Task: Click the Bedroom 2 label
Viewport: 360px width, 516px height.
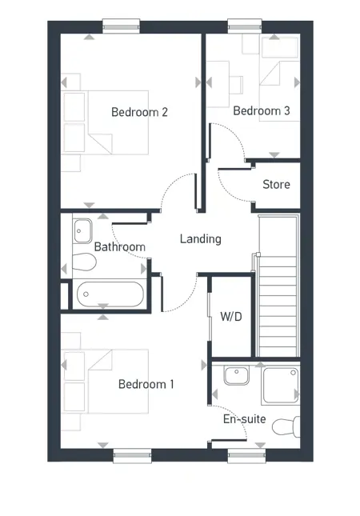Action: (x=139, y=112)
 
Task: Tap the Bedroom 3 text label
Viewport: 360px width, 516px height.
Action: (x=261, y=110)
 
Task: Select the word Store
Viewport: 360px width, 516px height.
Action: (x=276, y=185)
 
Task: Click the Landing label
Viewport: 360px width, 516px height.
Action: (x=200, y=238)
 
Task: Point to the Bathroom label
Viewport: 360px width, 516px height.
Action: (x=120, y=247)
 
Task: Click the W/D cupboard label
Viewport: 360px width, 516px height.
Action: (x=231, y=315)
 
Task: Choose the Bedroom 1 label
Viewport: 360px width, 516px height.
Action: (x=146, y=384)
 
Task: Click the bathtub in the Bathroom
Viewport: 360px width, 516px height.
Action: (x=110, y=294)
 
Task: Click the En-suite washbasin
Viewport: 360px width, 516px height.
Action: (x=237, y=375)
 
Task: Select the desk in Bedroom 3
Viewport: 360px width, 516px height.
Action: (x=226, y=80)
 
